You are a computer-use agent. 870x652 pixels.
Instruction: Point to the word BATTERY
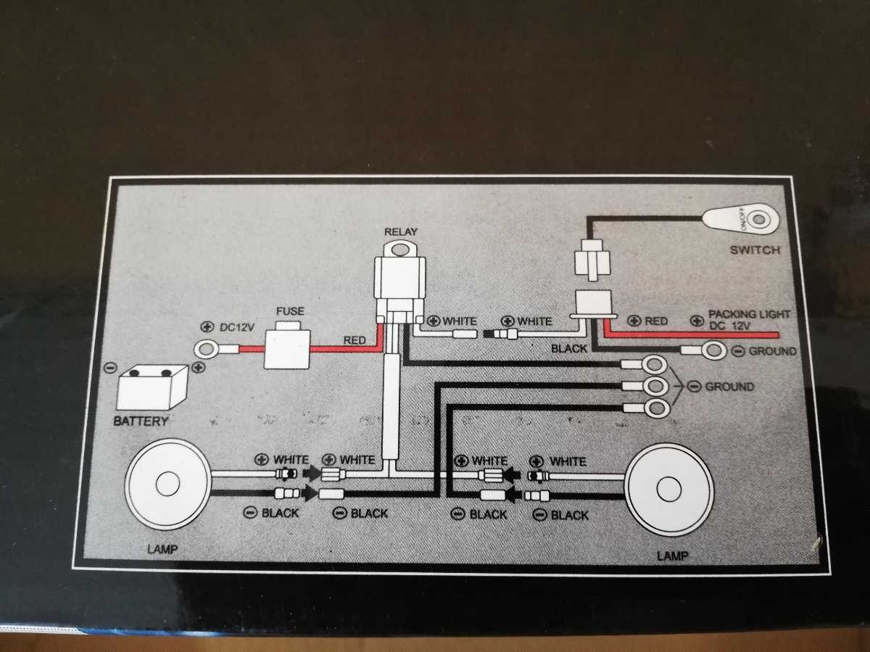click(141, 421)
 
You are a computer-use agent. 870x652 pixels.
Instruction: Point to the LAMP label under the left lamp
click(162, 549)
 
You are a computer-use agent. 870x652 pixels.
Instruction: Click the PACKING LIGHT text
click(749, 315)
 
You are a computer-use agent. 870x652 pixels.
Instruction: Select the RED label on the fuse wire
click(355, 339)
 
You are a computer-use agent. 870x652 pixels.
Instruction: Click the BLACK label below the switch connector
click(569, 349)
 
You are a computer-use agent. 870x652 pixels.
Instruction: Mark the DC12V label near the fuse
click(236, 328)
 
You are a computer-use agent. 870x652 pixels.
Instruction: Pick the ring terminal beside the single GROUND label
click(714, 351)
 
